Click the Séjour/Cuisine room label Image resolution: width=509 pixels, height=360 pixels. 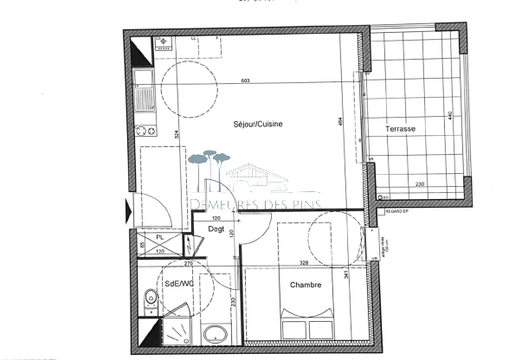click(x=258, y=125)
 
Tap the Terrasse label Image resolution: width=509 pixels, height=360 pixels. click(x=401, y=129)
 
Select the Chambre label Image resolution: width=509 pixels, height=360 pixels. click(x=306, y=285)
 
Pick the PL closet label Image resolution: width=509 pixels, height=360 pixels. click(x=160, y=238)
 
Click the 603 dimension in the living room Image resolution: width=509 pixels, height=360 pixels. click(x=248, y=82)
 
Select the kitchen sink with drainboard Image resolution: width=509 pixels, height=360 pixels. click(x=145, y=89)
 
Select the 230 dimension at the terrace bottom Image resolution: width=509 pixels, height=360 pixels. click(x=419, y=184)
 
